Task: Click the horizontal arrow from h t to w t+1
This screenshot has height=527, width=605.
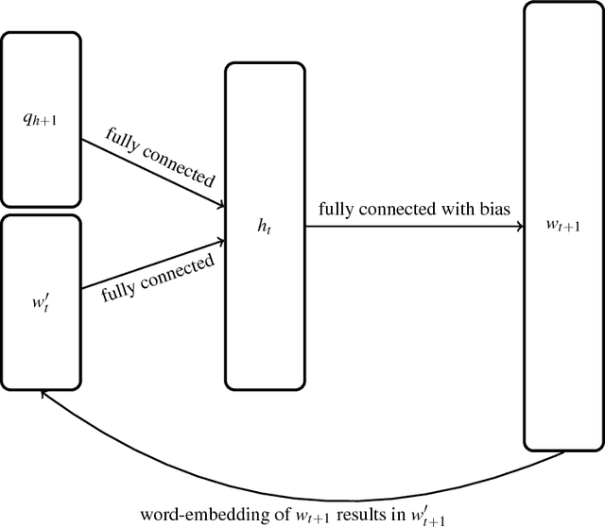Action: coord(416,228)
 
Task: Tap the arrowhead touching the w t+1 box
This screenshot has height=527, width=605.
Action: coord(519,228)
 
